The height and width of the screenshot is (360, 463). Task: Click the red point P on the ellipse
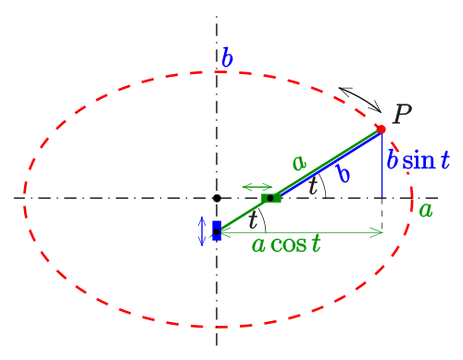point(382,130)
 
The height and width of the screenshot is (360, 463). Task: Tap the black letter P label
point(402,114)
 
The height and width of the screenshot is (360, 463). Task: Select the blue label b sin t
point(419,160)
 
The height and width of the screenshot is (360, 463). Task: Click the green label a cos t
point(286,244)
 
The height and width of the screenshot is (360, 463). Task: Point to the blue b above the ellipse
point(228,57)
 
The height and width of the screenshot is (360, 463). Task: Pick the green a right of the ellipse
point(426,211)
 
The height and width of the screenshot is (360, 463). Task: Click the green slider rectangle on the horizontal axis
point(271,198)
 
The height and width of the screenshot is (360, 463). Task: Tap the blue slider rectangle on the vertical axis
point(217,230)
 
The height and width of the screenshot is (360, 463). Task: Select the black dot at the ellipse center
point(217,198)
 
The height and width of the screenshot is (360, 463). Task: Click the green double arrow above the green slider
point(257,187)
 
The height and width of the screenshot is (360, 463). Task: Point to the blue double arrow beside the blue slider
point(202,231)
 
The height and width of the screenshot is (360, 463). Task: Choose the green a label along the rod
point(299,162)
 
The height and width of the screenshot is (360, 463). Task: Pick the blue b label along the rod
point(344,173)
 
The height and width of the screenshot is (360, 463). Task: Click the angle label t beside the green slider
point(313,186)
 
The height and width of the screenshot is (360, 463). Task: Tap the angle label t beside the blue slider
point(253,219)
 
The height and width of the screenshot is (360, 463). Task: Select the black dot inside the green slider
point(270,198)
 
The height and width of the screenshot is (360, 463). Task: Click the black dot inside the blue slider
point(217,231)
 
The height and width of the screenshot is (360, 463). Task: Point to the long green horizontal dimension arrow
point(302,232)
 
